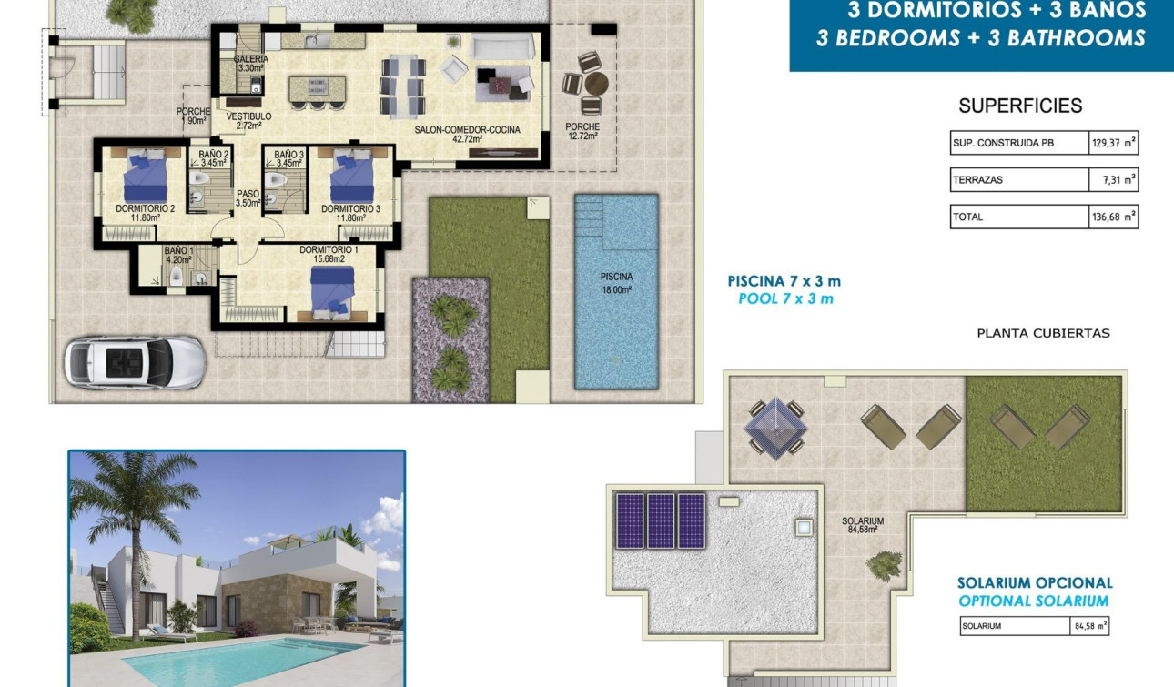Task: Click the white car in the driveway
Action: [x=135, y=361]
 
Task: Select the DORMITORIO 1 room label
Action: [x=329, y=255]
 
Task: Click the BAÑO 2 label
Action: [x=214, y=159]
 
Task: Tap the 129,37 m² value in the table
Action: [x=1114, y=143]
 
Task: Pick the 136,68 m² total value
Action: [x=1114, y=217]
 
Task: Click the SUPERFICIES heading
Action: [x=1020, y=106]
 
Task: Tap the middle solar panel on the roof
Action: [x=661, y=520]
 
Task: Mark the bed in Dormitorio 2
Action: [x=146, y=177]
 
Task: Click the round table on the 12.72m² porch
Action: [x=593, y=82]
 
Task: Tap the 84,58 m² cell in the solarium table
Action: [x=1089, y=626]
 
